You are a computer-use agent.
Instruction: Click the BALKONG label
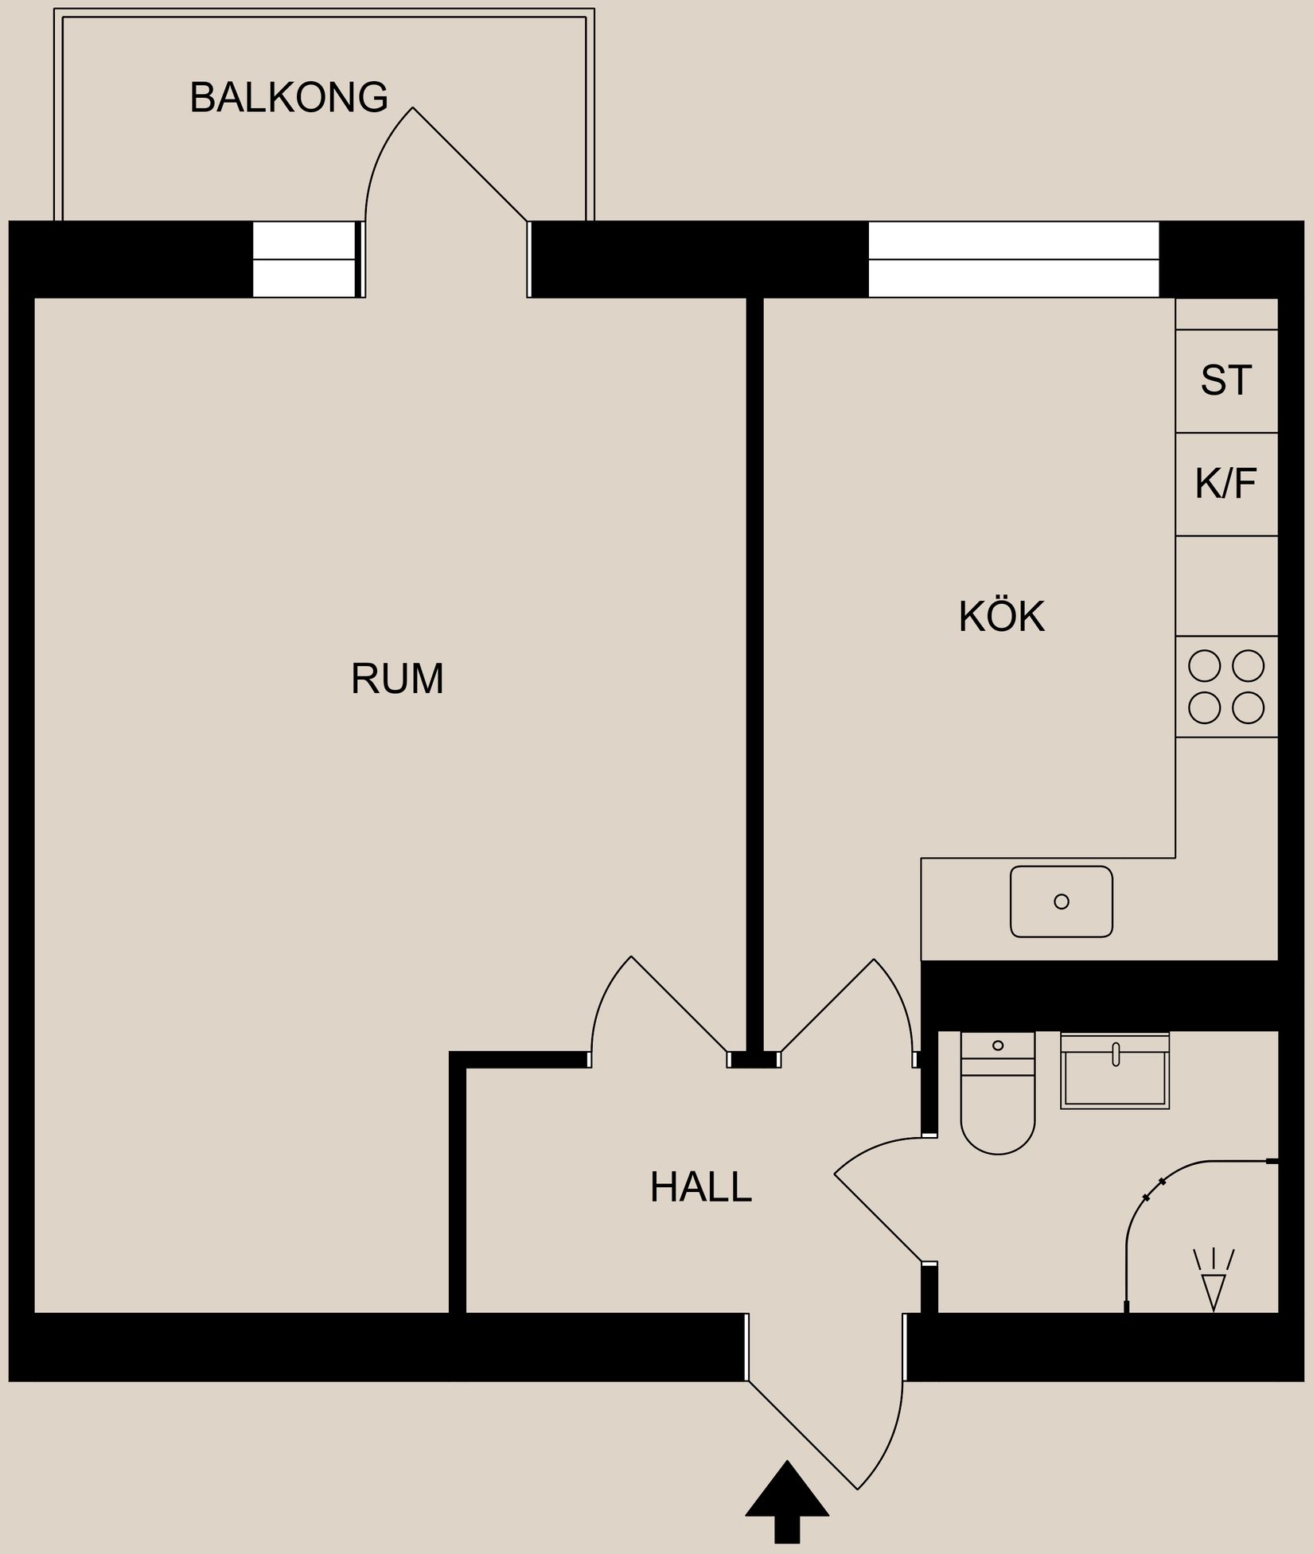[289, 98]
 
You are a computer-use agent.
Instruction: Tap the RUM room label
[397, 679]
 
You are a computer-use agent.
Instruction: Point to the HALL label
[700, 1187]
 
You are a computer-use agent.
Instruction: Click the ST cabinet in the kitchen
[1226, 380]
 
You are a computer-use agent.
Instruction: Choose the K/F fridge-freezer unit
[1226, 483]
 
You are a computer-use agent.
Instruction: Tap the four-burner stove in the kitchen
[1226, 687]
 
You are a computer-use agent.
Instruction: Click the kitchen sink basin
[1061, 902]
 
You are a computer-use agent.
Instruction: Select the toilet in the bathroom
[998, 1098]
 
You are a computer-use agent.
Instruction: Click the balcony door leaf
[469, 164]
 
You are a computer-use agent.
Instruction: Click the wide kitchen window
[1013, 259]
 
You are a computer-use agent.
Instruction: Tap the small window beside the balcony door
[304, 259]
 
